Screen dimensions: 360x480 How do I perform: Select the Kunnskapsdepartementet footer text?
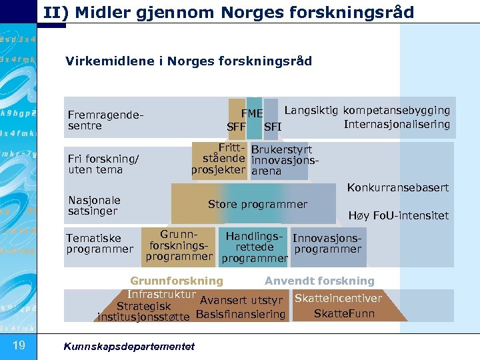click(x=128, y=346)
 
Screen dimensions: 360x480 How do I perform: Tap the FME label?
click(x=252, y=113)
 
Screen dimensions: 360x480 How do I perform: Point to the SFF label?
click(x=237, y=127)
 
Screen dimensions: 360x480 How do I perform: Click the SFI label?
click(x=273, y=127)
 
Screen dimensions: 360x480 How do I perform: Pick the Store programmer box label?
click(x=257, y=205)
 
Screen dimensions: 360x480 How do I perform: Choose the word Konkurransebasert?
click(x=397, y=188)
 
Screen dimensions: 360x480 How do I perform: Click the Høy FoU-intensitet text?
click(x=399, y=215)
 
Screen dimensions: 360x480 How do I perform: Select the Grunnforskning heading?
click(x=177, y=281)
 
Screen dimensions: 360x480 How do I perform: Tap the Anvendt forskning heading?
click(x=320, y=281)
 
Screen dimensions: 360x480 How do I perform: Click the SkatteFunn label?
click(x=344, y=313)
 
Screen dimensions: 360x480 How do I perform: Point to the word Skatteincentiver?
click(x=338, y=298)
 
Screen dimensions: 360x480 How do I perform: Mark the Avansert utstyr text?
click(x=242, y=300)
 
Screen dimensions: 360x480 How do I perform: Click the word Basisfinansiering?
click(x=241, y=314)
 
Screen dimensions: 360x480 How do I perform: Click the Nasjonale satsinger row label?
click(x=94, y=205)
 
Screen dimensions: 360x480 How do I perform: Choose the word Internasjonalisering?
click(x=397, y=124)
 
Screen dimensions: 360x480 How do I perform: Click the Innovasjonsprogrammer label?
click(x=327, y=243)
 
